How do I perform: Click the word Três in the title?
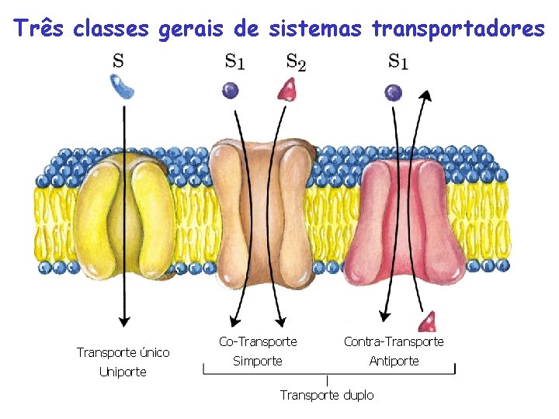38,29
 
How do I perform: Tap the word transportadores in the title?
458,29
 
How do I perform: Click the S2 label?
295,61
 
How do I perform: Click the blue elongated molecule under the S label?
123,88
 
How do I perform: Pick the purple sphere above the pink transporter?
394,92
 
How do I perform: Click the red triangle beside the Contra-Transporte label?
426,321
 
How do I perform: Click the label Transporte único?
123,352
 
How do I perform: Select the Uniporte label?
123,372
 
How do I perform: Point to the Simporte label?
258,361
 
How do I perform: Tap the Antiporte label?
394,361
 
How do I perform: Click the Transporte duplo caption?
327,395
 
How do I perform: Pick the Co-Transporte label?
258,341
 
